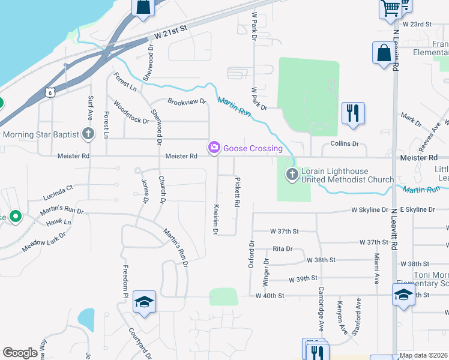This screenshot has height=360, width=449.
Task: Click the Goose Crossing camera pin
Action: [x=214, y=147]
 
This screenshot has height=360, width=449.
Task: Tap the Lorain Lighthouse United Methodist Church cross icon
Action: [x=292, y=175]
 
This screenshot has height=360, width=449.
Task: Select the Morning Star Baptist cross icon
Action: [x=89, y=134]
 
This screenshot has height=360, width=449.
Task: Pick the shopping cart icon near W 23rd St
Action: [x=390, y=8]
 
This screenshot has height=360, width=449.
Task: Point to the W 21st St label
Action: [x=171, y=32]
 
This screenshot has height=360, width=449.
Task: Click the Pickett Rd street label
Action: [x=237, y=193]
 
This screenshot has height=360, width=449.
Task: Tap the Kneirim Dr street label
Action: [x=215, y=218]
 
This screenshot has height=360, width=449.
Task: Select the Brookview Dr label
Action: [x=187, y=102]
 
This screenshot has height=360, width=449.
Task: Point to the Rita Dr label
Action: [x=282, y=248]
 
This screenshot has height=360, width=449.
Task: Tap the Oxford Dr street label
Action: [x=252, y=255]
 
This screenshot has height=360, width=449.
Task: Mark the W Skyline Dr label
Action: [x=370, y=209]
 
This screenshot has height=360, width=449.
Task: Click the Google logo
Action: [x=20, y=353]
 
